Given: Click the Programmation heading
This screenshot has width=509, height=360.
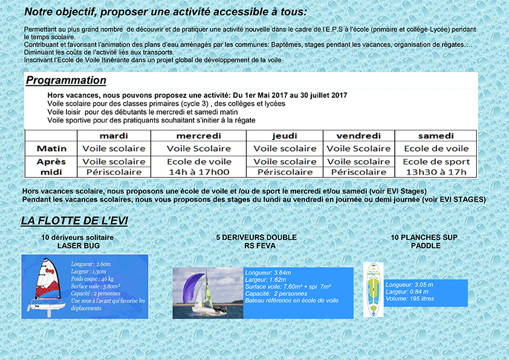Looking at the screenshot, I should click(66, 80).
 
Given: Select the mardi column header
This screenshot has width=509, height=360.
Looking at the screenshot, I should click(114, 136).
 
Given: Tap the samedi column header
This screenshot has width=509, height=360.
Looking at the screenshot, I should click(436, 136).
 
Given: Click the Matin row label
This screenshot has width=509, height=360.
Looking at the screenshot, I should click(51, 149).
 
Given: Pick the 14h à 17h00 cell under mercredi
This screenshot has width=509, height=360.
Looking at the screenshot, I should click(199, 172).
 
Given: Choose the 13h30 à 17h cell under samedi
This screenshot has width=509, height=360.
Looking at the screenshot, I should click(436, 172).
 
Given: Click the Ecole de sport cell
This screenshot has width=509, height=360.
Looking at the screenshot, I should click(436, 161).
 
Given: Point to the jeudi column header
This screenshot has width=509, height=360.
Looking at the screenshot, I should click(285, 136).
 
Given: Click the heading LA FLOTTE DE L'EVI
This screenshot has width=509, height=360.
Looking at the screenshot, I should click(74, 221).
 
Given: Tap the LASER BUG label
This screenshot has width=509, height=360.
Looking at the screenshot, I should click(77, 246).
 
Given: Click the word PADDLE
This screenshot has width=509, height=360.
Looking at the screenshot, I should click(425, 246).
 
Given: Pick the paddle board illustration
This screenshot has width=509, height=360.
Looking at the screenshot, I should click(373, 289).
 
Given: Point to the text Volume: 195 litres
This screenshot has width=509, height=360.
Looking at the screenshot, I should click(409, 299).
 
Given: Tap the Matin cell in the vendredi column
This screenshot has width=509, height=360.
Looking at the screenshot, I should click(359, 149).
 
